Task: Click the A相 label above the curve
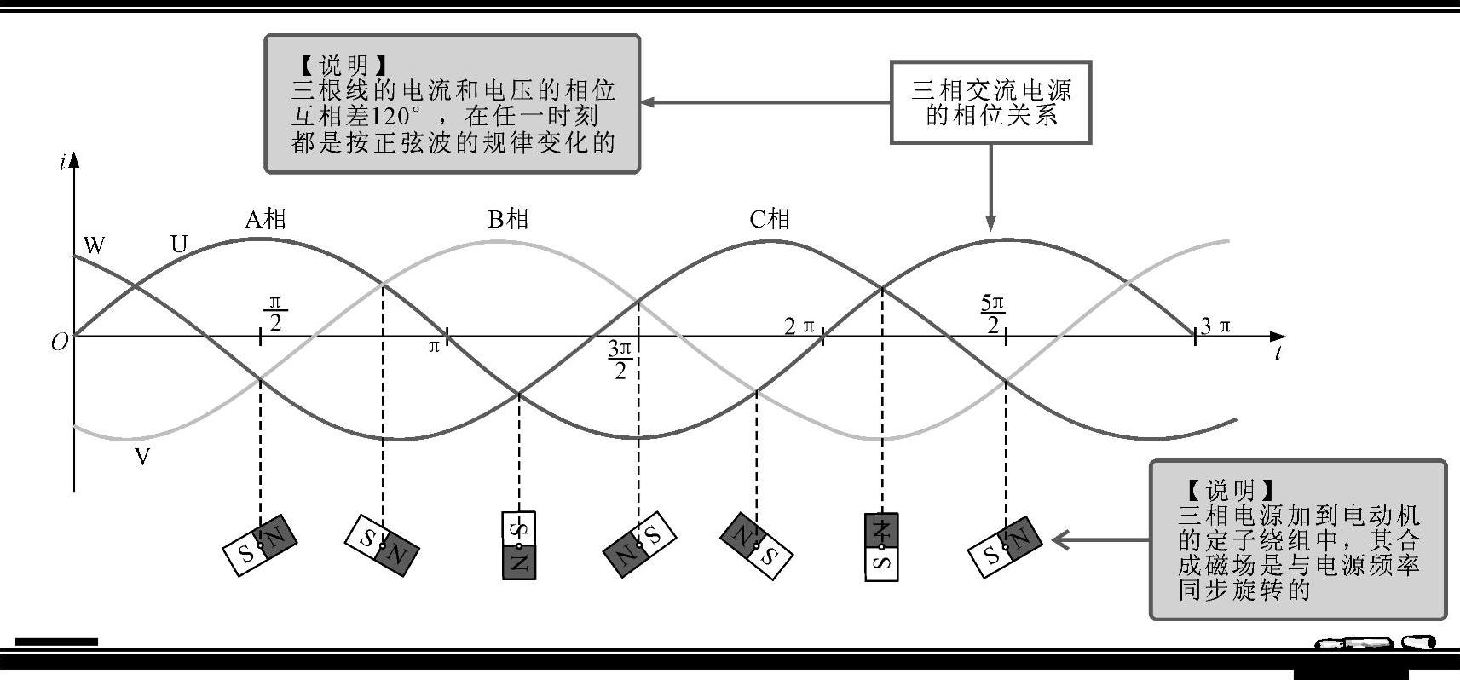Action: click(x=265, y=220)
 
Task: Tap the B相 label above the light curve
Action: click(x=508, y=220)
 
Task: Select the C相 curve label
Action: click(x=769, y=220)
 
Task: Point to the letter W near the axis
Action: click(x=94, y=246)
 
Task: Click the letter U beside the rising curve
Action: click(x=179, y=245)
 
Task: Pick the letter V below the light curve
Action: click(x=142, y=458)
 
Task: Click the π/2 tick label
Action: click(x=274, y=313)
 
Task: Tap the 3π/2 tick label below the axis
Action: click(x=620, y=360)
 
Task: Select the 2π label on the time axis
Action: click(x=799, y=326)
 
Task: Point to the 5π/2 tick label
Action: click(x=993, y=314)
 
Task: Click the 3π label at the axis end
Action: click(x=1216, y=326)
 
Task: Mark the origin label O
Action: click(x=59, y=343)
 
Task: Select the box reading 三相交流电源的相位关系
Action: click(x=990, y=101)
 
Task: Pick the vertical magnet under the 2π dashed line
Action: click(x=881, y=546)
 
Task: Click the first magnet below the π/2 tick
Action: click(x=260, y=546)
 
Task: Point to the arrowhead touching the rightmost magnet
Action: click(x=1060, y=539)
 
